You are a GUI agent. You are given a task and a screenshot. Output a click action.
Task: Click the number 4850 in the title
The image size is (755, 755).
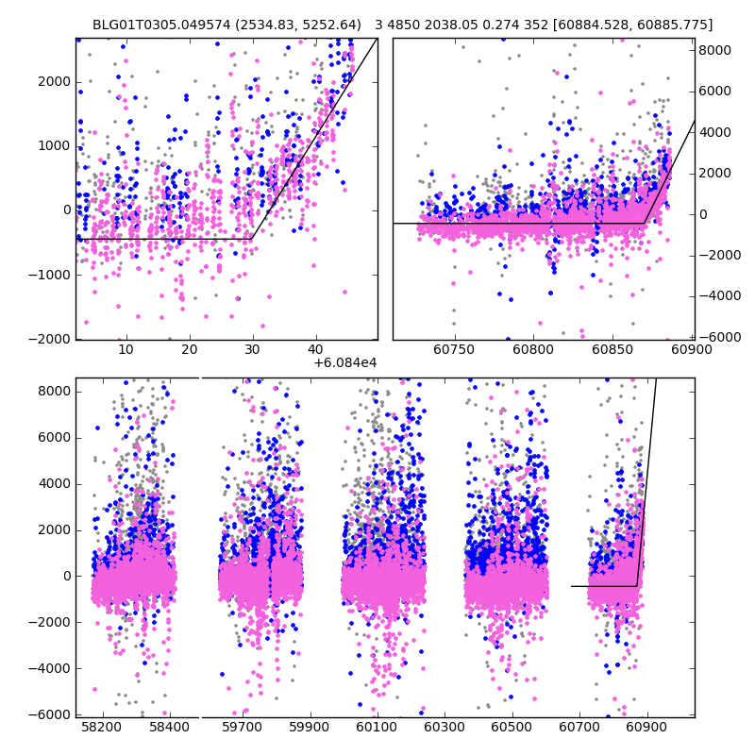coord(405,25)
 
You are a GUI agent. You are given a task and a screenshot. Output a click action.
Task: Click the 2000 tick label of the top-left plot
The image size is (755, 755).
coord(53,82)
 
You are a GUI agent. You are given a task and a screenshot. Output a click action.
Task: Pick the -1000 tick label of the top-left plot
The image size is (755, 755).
coord(50,275)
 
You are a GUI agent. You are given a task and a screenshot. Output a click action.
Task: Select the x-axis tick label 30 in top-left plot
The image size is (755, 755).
coord(252,350)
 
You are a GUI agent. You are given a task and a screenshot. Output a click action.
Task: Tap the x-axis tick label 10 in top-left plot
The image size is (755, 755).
coord(126,350)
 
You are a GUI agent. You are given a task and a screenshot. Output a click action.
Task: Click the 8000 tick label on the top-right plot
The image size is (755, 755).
coord(713,50)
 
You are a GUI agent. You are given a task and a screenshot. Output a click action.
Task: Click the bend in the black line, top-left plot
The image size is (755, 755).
coord(251,239)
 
